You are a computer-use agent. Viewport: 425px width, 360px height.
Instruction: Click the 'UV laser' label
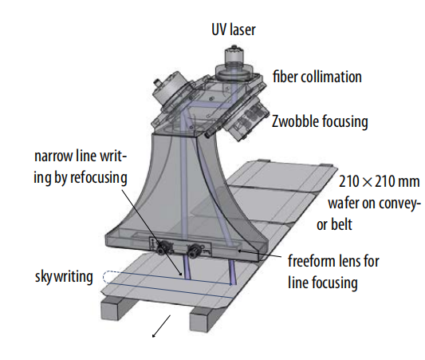pyautogui.click(x=234, y=30)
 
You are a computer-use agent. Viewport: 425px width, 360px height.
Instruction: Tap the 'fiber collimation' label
pyautogui.click(x=317, y=77)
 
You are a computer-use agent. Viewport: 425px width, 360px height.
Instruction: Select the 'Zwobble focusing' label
pyautogui.click(x=320, y=121)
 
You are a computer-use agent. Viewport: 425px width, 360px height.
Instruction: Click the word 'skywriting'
pyautogui.click(x=64, y=277)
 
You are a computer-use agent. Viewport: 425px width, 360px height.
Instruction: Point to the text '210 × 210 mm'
pyautogui.click(x=380, y=181)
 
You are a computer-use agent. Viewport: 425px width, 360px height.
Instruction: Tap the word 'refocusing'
pyautogui.click(x=99, y=178)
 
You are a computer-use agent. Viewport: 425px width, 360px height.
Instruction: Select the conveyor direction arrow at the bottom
pyautogui.click(x=162, y=326)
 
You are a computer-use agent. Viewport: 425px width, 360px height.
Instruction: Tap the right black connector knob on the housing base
pyautogui.click(x=194, y=249)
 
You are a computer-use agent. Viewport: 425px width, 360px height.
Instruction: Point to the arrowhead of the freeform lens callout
pyautogui.click(x=239, y=251)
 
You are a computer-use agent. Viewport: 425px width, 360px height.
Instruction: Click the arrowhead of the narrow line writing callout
pyautogui.click(x=179, y=274)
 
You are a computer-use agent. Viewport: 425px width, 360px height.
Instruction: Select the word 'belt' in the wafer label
pyautogui.click(x=342, y=224)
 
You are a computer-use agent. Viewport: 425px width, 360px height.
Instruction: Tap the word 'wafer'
pyautogui.click(x=344, y=203)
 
